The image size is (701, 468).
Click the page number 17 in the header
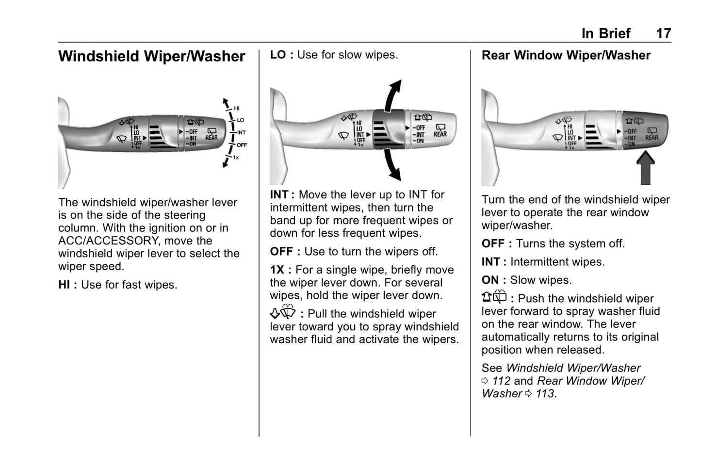tap(664, 33)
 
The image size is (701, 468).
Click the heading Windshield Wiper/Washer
tap(152, 56)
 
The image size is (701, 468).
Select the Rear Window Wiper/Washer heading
tap(566, 55)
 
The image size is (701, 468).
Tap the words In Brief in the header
tap(606, 33)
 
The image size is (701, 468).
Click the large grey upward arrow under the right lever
tap(645, 168)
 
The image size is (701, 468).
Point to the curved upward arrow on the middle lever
tap(393, 96)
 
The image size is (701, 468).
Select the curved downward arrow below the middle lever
tap(392, 164)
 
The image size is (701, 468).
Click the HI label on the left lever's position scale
tap(237, 108)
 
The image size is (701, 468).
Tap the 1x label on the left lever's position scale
tap(236, 157)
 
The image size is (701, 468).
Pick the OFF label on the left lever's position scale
tap(242, 145)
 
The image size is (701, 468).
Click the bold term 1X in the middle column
tap(277, 270)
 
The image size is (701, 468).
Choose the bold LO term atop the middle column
tap(278, 55)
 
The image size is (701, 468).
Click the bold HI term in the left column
tap(64, 285)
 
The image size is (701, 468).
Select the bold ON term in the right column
tap(490, 280)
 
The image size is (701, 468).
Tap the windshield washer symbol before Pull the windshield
tap(283, 311)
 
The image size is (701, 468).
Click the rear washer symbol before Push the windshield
tap(494, 297)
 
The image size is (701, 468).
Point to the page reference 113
tap(545, 393)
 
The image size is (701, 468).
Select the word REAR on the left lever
tap(212, 137)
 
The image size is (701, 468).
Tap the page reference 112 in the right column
tap(501, 381)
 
